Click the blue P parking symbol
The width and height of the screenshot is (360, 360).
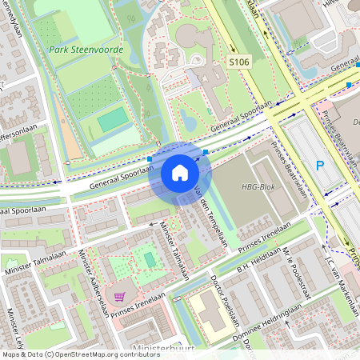320,167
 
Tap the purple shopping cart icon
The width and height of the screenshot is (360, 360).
119,298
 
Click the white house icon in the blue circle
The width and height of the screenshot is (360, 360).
179,173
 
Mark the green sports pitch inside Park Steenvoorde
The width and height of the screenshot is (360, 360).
112,119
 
